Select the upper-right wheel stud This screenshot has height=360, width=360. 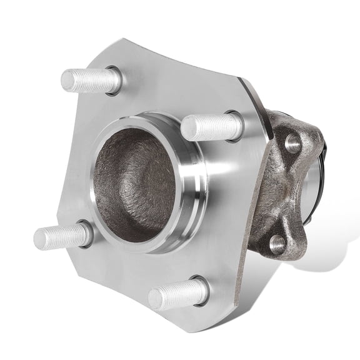211,127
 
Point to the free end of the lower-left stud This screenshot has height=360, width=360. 39,238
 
